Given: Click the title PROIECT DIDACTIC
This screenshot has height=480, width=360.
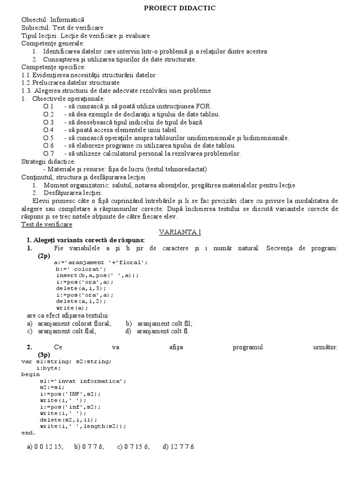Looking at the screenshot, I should [180, 8].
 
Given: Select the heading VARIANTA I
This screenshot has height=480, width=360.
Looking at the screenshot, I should [180, 232].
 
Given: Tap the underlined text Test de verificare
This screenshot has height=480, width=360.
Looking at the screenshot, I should [47, 225].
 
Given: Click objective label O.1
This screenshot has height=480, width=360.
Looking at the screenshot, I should [48, 106].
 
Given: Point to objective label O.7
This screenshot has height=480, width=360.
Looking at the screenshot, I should [48, 153].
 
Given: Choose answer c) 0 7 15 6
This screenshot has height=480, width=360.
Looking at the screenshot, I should [133, 447].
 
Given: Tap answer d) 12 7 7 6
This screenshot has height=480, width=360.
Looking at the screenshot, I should [179, 447].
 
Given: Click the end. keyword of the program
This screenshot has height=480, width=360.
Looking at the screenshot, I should [28, 433].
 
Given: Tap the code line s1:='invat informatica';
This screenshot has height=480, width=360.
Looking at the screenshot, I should [83, 381].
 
